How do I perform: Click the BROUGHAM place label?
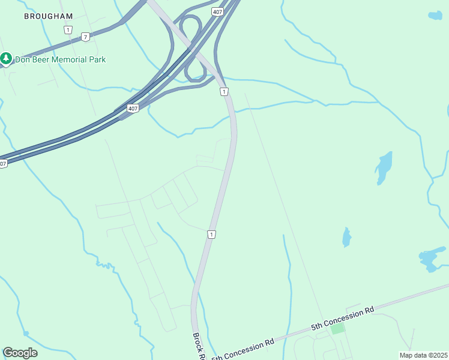coord(48,16)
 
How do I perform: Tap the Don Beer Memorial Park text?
coord(61,59)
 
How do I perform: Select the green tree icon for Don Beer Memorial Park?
coord(6,59)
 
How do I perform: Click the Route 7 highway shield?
coord(86,37)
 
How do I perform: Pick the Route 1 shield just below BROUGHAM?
coord(68,29)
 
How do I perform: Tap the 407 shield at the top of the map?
coord(218,11)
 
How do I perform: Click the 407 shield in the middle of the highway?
coord(133,109)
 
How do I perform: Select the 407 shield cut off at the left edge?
coord(3,164)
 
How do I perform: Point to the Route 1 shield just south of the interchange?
coord(223,91)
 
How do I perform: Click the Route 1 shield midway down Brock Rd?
coord(211,234)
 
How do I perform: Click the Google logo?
coord(20,353)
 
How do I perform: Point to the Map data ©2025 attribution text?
coord(423,355)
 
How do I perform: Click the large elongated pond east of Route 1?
coord(383,167)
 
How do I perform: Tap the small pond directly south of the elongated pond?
coord(346,238)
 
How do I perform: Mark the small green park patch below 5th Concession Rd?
coord(338,328)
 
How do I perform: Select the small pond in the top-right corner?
coord(435,16)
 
